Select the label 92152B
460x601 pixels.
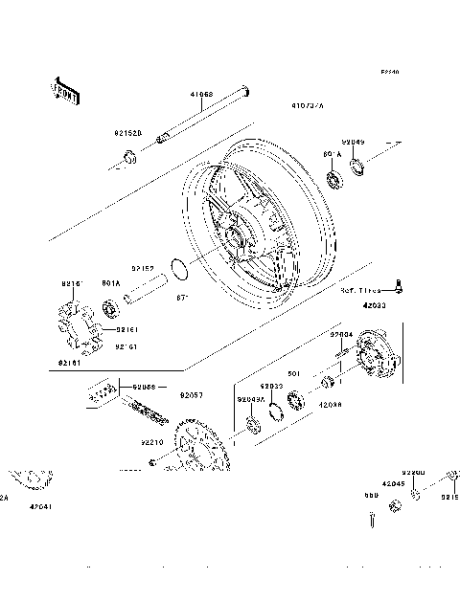coord(127,134)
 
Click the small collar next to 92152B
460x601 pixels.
coord(127,155)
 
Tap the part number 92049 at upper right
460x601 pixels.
coord(355,142)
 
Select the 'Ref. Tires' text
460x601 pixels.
coord(360,289)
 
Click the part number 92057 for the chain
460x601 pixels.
coord(193,393)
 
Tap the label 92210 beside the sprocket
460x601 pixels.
coord(152,443)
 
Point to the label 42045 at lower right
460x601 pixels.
coord(393,485)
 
